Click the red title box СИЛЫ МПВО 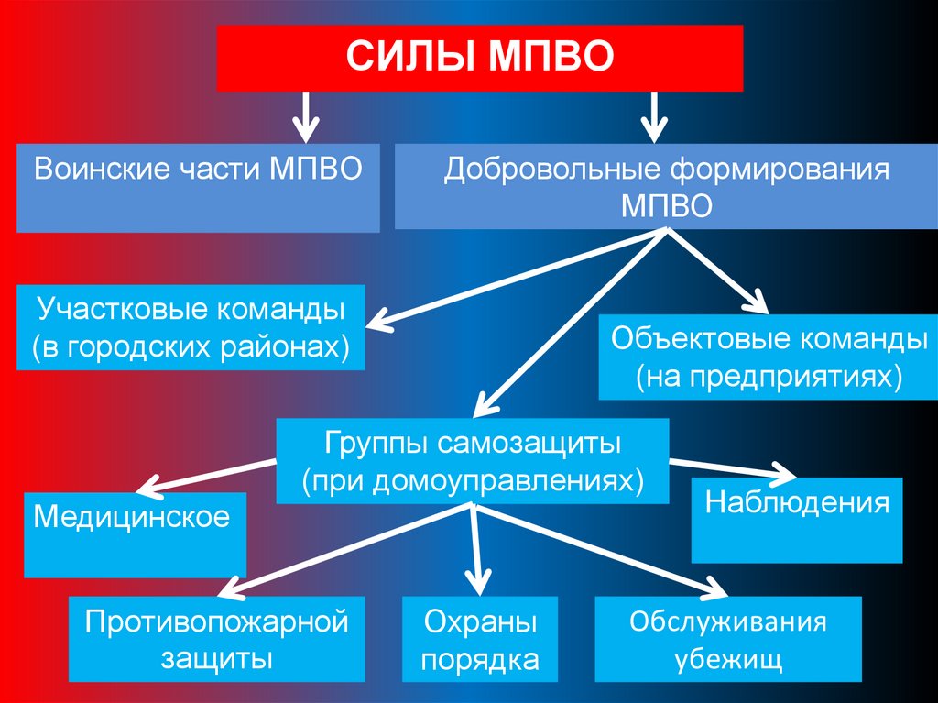pos(479,58)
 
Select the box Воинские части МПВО pos(198,187)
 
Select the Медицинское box pos(135,534)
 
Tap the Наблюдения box pos(797,520)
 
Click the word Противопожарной pos(217,623)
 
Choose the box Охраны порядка pos(479,640)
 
